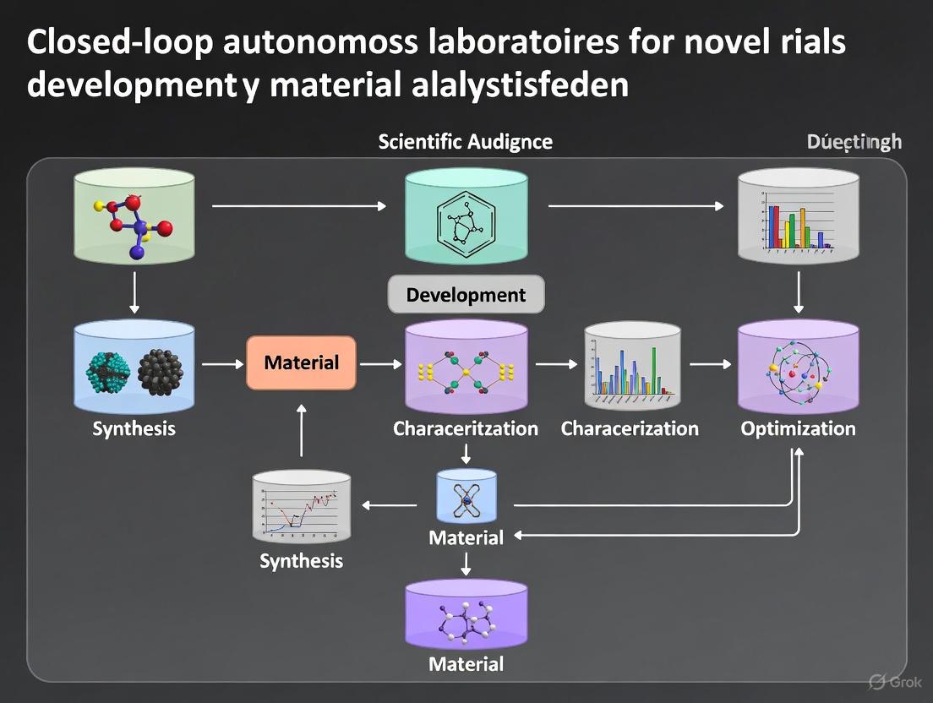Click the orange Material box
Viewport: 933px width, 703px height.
[301, 363]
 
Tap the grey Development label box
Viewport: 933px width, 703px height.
[466, 295]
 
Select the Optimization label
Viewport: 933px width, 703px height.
[798, 428]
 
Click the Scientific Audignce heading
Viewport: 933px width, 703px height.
[465, 141]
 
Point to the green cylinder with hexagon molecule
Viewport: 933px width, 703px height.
[466, 217]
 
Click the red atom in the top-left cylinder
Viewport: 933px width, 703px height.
[165, 227]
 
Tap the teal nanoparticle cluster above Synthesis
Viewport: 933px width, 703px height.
[107, 369]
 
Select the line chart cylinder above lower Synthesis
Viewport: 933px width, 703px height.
[302, 507]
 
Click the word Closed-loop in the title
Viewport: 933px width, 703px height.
[119, 43]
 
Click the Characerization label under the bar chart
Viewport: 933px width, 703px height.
[630, 428]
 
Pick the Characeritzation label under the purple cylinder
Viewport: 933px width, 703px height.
[466, 428]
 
